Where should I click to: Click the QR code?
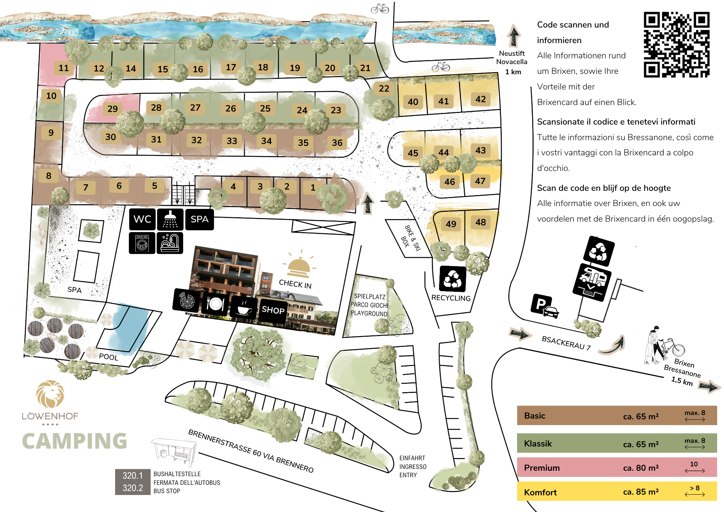[x=676, y=45]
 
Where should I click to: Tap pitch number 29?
[x=113, y=109]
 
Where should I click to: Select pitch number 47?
[x=480, y=181]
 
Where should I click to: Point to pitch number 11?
[x=64, y=68]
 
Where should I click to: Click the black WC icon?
[x=142, y=219]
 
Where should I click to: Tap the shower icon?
[x=170, y=219]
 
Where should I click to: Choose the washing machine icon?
[x=142, y=243]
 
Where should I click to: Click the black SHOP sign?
[x=273, y=310]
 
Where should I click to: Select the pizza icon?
[x=186, y=301]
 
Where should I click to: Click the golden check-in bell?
[x=299, y=265]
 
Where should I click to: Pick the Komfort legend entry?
[x=617, y=491]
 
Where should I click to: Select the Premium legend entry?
[x=617, y=467]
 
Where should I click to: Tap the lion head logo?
[x=50, y=394]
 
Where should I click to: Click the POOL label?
[x=109, y=357]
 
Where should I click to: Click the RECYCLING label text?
[x=451, y=298]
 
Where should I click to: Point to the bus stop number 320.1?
[x=132, y=475]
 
